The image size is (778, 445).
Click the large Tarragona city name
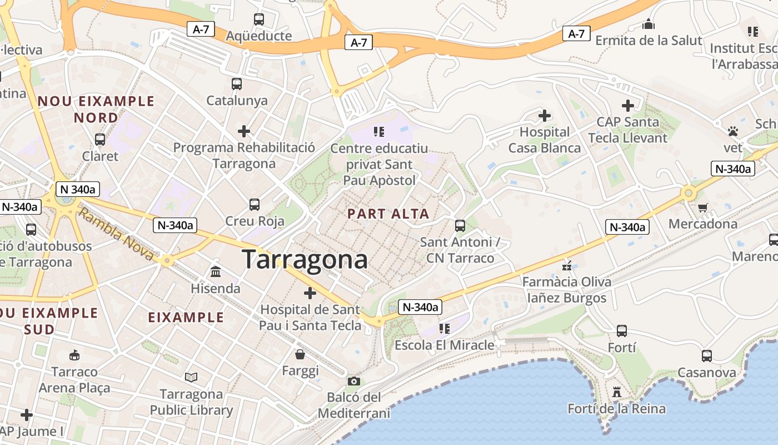(305, 260)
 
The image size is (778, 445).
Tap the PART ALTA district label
(388, 214)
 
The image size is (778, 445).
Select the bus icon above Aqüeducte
(259, 19)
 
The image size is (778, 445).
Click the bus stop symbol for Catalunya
(237, 84)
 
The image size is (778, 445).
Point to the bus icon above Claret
(100, 140)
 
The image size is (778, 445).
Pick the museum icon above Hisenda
(215, 272)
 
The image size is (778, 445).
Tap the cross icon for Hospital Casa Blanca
(545, 116)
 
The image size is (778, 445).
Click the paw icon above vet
(733, 131)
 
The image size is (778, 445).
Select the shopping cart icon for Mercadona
(702, 207)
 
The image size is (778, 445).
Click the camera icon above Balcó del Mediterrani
(353, 381)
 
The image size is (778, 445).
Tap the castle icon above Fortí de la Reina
(616, 392)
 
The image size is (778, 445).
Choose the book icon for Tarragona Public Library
(191, 378)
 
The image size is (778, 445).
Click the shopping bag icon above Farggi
(300, 354)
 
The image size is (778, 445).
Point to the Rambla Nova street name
(116, 234)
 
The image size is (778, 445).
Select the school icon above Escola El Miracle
(444, 329)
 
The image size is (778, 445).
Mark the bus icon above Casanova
(706, 356)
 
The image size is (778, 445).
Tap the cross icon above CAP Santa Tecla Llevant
(627, 106)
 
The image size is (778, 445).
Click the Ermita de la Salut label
(649, 41)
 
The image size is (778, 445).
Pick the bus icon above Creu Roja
(255, 205)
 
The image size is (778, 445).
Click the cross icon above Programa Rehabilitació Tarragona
(244, 131)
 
